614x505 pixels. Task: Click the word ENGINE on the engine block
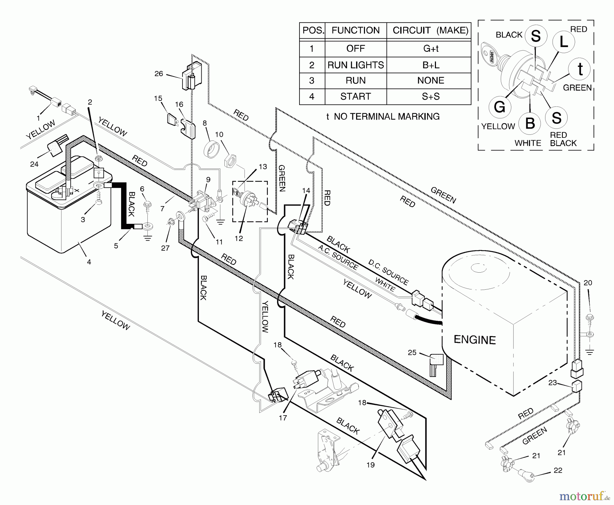coord(474,340)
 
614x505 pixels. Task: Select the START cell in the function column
coord(355,97)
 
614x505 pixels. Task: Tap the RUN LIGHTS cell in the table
coord(355,65)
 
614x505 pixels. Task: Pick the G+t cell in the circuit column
coord(431,48)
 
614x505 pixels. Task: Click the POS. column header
coord(312,30)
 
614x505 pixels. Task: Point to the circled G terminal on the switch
coord(500,107)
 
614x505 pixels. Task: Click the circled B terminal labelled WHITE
coord(530,123)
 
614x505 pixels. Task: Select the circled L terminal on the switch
coord(564,42)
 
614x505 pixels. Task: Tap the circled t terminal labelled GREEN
coord(580,69)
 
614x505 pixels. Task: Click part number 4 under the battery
coord(89,262)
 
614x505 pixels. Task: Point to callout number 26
coord(159,74)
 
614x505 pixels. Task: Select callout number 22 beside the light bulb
coord(558,470)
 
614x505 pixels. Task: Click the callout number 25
coord(412,352)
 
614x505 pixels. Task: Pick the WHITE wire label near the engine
coord(385,284)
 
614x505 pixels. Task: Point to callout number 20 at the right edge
coord(588,283)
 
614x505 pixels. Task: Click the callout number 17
coord(283,418)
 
